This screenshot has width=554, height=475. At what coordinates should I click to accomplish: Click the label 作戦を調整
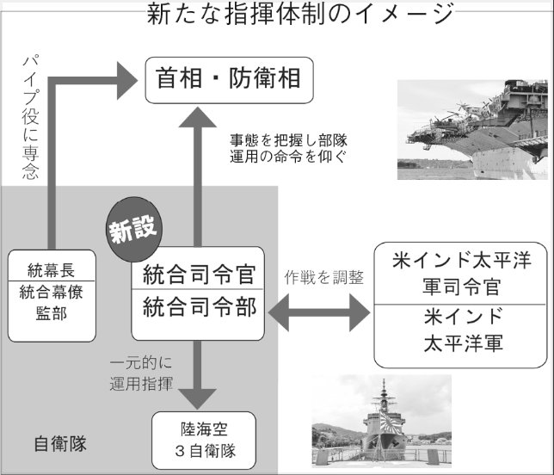(x=323, y=278)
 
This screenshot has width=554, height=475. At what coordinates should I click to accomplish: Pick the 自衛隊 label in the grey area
(x=59, y=444)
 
